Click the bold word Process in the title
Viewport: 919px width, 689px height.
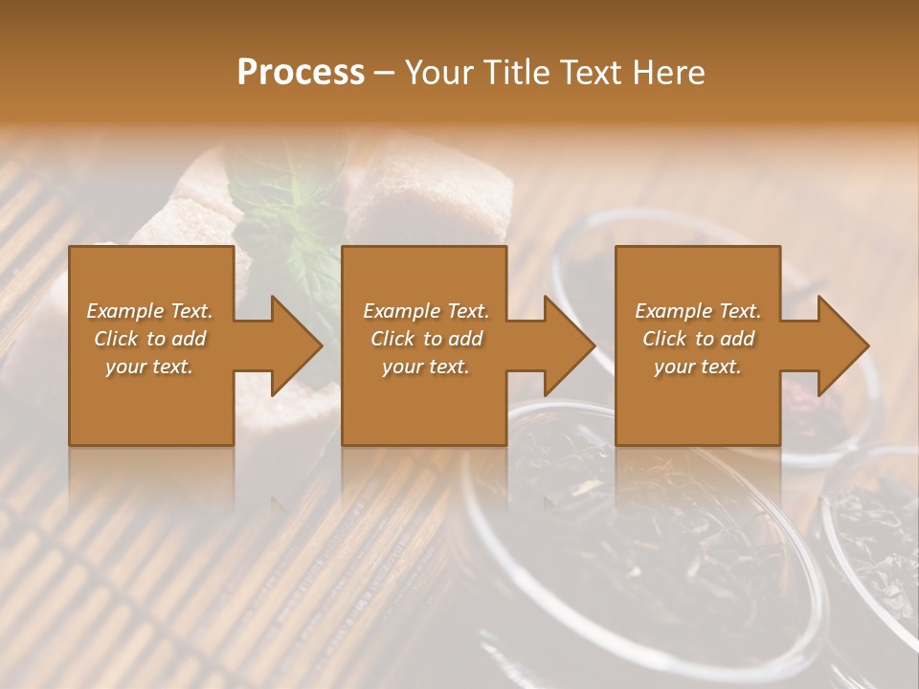(301, 73)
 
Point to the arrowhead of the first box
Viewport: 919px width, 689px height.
(292, 345)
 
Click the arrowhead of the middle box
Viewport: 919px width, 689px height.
(566, 345)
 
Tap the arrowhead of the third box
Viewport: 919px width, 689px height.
(840, 345)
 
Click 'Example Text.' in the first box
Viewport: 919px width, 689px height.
(149, 311)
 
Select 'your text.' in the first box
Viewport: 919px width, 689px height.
(149, 367)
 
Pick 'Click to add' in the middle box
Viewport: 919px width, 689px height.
(426, 339)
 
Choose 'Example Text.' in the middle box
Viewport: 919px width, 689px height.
(426, 311)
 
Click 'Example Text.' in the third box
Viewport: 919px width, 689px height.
(698, 311)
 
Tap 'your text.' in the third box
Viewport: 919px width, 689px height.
(698, 367)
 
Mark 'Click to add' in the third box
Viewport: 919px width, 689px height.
(698, 339)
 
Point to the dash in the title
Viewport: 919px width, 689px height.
(385, 73)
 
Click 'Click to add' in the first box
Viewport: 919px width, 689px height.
(149, 339)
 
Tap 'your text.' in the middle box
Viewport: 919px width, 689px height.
(426, 367)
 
